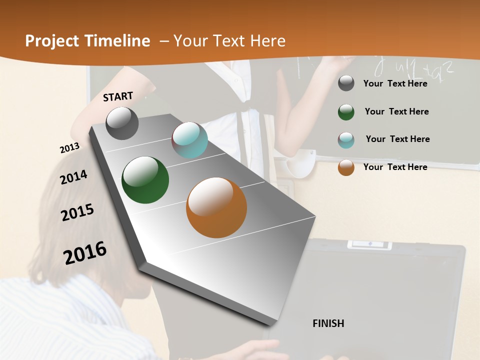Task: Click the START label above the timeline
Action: tap(118, 96)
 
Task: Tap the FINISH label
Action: tap(328, 323)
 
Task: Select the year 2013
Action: tap(69, 148)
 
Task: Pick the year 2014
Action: tap(73, 177)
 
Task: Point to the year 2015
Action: tap(77, 212)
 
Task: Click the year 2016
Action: tap(85, 252)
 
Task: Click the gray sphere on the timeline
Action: tap(122, 123)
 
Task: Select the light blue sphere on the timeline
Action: tap(189, 140)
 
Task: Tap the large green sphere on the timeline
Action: tap(145, 180)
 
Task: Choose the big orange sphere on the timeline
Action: tap(216, 207)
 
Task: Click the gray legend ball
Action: tap(346, 83)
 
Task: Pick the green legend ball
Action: tap(346, 112)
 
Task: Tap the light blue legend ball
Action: tap(346, 140)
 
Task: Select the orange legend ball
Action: tap(346, 167)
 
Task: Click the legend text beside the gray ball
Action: tap(395, 83)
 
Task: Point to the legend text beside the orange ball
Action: tap(395, 167)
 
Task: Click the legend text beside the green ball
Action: tap(397, 111)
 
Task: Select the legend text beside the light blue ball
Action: tap(397, 139)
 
